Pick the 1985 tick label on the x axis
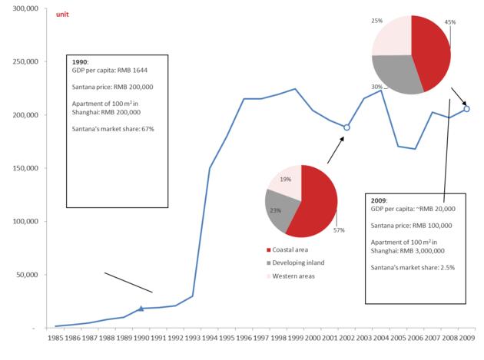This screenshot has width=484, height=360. click(55, 338)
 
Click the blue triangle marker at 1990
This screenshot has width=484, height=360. click(141, 308)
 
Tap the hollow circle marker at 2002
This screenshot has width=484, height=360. click(346, 127)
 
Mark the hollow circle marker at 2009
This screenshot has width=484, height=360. click(467, 109)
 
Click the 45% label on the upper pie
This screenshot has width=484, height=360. click(450, 22)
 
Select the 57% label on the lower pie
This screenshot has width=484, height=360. click(340, 230)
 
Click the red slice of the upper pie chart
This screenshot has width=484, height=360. click(430, 50)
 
